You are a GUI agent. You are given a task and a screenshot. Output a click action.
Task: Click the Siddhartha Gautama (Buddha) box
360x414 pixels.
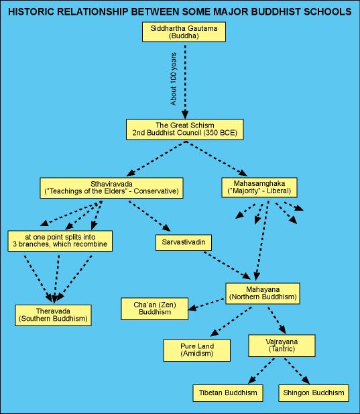pos(184,32)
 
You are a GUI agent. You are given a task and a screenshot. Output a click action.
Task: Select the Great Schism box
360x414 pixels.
pos(184,130)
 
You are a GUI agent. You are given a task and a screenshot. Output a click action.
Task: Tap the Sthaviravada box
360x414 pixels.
pos(111,188)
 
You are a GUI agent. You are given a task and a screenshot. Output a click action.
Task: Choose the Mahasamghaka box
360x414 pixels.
pos(259,187)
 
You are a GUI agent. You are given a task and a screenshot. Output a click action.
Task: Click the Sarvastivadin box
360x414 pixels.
pos(184,242)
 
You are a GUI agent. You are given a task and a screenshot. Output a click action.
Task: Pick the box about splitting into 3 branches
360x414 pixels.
pos(60,241)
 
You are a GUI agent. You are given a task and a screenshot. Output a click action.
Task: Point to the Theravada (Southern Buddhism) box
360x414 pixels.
pos(53,315)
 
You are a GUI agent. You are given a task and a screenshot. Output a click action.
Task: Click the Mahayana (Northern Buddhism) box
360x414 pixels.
pos(263,293)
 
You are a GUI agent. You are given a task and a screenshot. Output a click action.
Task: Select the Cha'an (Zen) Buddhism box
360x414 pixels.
pos(155,309)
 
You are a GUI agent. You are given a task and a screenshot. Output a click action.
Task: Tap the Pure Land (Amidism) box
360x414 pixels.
pos(196,350)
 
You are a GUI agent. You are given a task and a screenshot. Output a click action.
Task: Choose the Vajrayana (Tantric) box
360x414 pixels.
pos(282,346)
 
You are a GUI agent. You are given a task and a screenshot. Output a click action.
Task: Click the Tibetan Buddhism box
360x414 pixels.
pos(228,393)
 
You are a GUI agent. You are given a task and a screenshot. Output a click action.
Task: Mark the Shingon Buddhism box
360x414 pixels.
pos(314,393)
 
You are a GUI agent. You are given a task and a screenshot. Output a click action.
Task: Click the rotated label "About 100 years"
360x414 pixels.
pos(173,79)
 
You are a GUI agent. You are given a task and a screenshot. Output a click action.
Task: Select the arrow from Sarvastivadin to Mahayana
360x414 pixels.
pos(227,266)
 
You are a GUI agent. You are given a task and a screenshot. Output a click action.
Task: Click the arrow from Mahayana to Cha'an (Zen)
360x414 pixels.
pos(206,304)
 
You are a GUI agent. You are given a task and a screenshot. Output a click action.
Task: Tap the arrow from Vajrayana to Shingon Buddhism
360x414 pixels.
pos(297,371)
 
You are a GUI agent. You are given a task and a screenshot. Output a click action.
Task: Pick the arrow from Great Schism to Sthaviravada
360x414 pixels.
pos(156,158)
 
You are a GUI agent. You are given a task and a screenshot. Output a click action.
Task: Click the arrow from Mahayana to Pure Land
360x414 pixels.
pos(231,321)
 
